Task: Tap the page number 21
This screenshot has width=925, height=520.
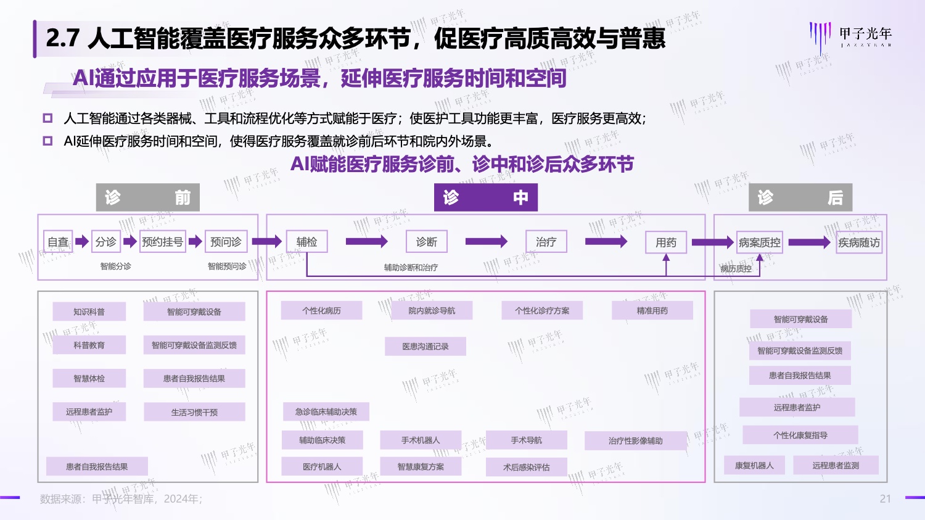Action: pos(885,498)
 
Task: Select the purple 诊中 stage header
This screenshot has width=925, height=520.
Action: pos(485,197)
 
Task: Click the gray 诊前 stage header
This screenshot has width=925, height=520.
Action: pos(147,197)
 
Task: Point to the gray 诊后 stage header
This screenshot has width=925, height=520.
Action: pos(800,197)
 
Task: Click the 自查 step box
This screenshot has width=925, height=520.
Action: pos(59,242)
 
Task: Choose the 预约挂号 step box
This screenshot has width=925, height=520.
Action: pos(162,242)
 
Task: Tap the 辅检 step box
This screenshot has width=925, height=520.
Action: pos(306,242)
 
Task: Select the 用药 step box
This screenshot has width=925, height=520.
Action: pos(666,242)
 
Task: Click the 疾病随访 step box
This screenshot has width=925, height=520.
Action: pos(859,242)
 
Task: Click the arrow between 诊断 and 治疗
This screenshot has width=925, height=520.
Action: pos(486,242)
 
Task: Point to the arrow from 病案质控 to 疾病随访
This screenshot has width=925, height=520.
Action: pos(809,242)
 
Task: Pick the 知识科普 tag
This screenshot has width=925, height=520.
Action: pos(89,312)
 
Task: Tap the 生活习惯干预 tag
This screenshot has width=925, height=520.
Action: pos(194,412)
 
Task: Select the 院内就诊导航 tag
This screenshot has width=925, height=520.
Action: pos(432,310)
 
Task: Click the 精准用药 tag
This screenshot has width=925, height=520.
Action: pos(652,310)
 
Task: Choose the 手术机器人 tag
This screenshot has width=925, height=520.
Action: pos(421,440)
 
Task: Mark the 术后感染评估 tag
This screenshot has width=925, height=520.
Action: pos(526,467)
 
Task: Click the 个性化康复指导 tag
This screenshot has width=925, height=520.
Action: pos(800,435)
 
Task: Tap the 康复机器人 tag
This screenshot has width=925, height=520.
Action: pos(754,465)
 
